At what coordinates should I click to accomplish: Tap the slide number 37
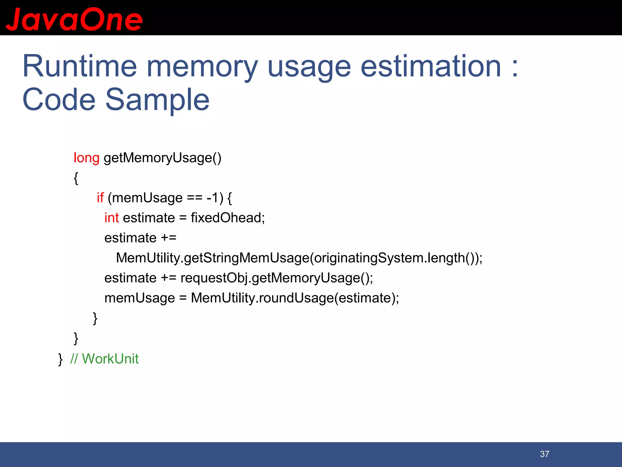click(545, 454)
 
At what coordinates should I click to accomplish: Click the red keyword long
click(86, 158)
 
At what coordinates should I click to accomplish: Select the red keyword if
click(100, 198)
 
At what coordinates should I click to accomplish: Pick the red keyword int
click(111, 218)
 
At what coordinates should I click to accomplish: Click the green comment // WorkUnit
click(104, 359)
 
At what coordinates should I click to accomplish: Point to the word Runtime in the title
click(80, 66)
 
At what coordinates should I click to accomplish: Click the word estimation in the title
click(431, 66)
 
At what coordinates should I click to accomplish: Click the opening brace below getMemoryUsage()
click(76, 178)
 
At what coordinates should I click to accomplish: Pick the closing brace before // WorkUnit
click(60, 359)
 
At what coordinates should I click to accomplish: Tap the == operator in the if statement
click(194, 198)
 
